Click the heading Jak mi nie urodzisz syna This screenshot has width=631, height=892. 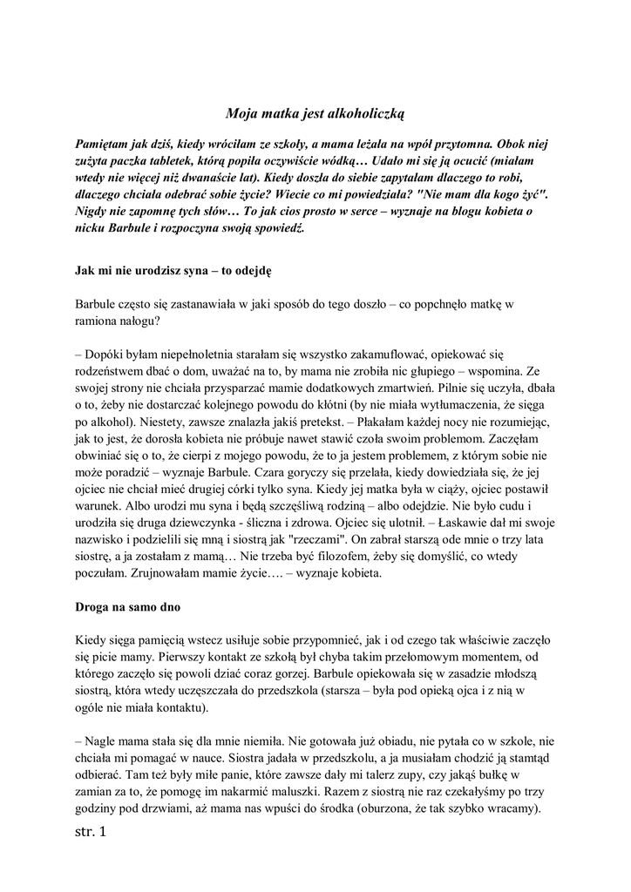click(x=173, y=270)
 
